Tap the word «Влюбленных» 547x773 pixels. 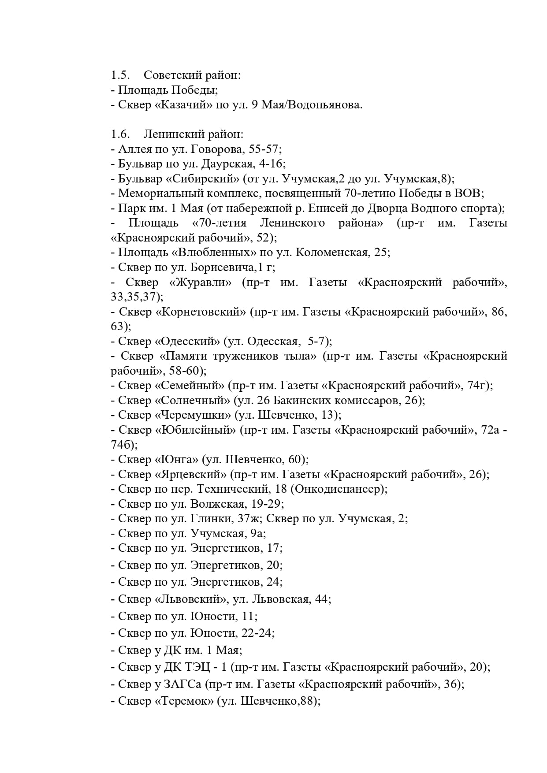pyautogui.click(x=208, y=253)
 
